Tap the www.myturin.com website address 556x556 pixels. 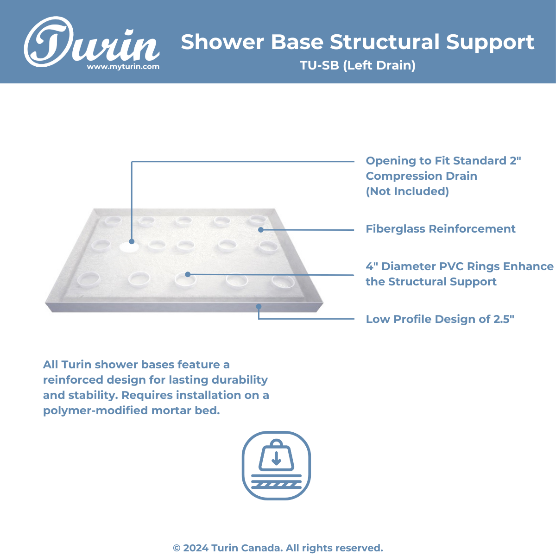123,67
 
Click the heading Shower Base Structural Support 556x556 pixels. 358,42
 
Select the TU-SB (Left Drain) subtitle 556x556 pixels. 358,65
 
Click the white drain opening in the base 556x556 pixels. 129,247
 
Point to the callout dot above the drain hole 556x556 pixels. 132,241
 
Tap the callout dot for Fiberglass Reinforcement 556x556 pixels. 261,230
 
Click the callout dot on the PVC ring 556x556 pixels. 188,274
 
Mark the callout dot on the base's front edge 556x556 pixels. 259,306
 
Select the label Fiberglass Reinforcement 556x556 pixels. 441,229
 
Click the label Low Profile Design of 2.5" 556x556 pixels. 440,319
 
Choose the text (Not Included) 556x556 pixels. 407,191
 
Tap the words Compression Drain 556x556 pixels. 422,176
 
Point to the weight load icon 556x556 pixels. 277,465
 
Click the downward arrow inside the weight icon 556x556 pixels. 277,458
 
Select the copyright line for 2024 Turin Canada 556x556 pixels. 278,548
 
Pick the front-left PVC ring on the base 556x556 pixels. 88,279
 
